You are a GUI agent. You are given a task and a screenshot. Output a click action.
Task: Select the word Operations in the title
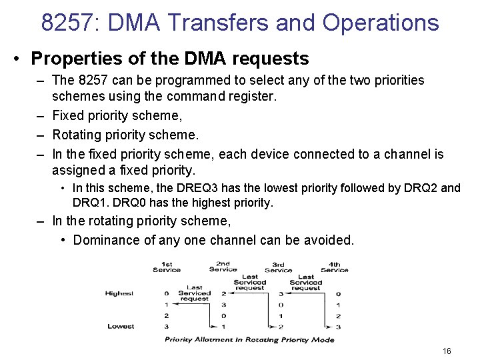381,23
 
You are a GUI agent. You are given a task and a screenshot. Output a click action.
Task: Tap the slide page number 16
447,351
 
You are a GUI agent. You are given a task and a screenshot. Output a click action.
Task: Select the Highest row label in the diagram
119,293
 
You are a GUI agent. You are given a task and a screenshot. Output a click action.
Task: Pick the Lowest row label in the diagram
121,326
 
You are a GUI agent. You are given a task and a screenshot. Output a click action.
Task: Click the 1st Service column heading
167,267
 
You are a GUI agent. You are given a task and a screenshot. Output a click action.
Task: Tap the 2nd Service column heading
223,267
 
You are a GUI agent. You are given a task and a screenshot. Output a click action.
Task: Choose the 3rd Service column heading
279,267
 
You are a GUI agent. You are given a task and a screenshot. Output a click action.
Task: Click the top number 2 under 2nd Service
223,293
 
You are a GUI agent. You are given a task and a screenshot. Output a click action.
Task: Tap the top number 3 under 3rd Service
281,293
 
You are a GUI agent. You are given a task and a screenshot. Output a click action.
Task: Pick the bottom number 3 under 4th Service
339,326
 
